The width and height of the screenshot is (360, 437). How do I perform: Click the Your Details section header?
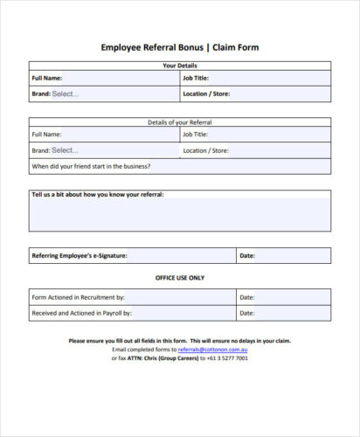180,66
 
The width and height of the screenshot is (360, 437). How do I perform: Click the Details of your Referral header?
180,122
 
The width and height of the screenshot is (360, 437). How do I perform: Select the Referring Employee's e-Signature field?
179,256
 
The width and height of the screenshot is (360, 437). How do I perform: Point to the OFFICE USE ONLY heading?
180,277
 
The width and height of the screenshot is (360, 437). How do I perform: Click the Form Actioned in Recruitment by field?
179,296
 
